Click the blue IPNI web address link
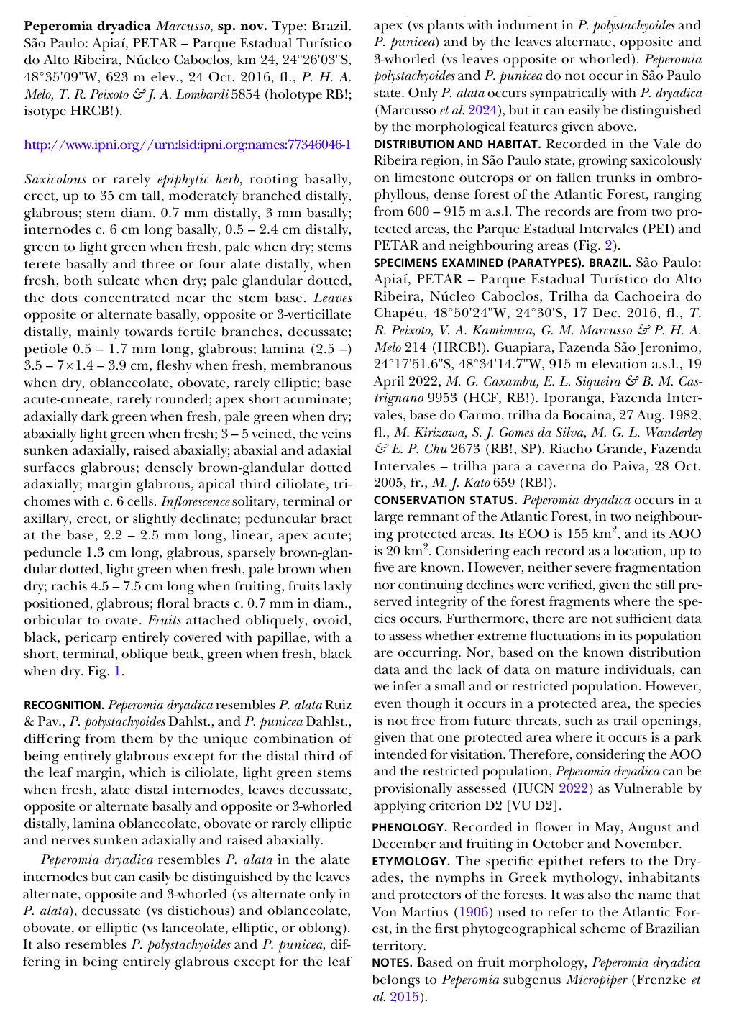pyautogui.click(x=187, y=145)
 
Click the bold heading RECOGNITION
pyautogui.click(x=64, y=705)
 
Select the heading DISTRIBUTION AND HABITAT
pyautogui.click(x=457, y=144)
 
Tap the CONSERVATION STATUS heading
pyautogui.click(x=444, y=500)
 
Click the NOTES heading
pyautogui.click(x=393, y=962)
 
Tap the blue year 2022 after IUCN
pyautogui.click(x=574, y=788)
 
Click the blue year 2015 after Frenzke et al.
pyautogui.click(x=403, y=997)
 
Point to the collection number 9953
pyautogui.click(x=445, y=398)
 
